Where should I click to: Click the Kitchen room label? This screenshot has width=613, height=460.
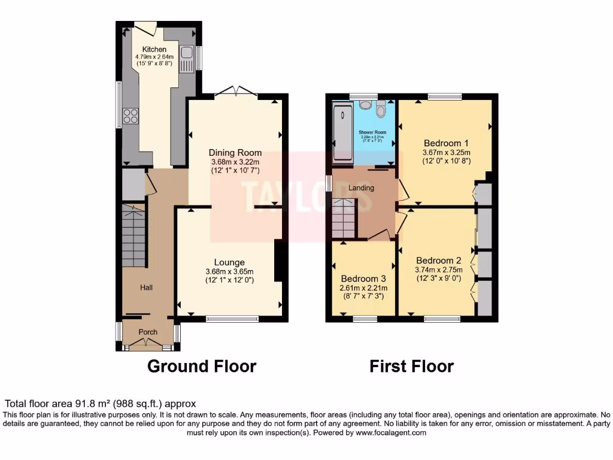[154, 49]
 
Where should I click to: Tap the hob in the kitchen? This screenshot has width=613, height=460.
[131, 116]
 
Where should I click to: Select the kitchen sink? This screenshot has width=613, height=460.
[186, 59]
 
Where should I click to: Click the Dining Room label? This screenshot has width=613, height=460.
[235, 153]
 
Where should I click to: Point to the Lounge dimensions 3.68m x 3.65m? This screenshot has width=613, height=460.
[230, 271]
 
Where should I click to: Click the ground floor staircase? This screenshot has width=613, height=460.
[134, 237]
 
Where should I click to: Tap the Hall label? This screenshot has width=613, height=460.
[147, 287]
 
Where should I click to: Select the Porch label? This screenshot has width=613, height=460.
[148, 332]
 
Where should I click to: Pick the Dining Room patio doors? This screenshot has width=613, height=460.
[236, 91]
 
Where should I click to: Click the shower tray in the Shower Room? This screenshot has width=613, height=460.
[343, 132]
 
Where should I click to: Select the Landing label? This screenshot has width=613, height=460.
[361, 188]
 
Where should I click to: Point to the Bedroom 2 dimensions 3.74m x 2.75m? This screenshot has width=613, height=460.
[439, 270]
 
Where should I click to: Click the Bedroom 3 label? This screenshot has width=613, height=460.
[363, 279]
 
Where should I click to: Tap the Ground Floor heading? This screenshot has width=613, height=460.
[202, 366]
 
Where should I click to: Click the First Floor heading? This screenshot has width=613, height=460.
[411, 366]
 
